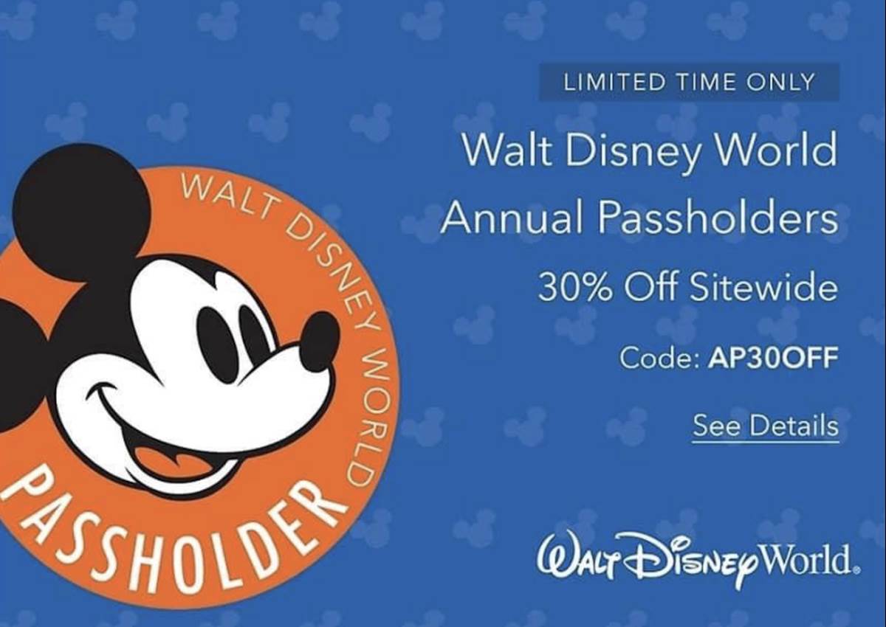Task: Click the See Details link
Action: (765, 426)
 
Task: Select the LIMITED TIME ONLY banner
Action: (689, 82)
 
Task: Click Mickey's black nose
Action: (319, 341)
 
